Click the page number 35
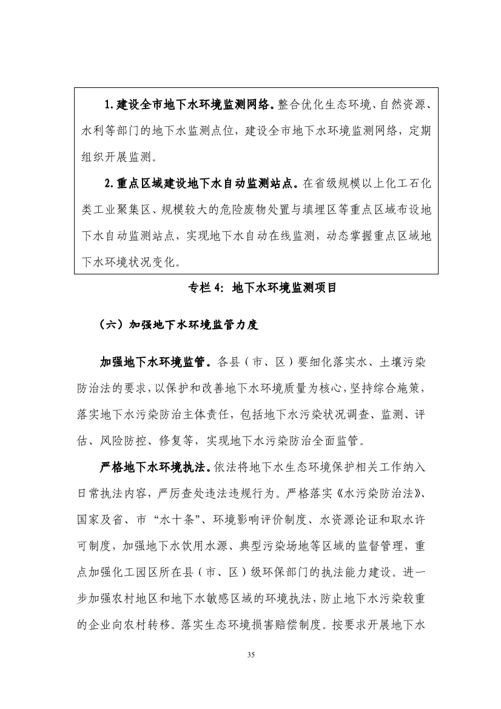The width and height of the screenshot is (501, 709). click(250, 654)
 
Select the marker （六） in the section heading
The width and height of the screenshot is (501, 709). click(111, 325)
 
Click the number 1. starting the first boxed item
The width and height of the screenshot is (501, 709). click(110, 106)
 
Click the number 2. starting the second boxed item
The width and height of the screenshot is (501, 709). click(110, 183)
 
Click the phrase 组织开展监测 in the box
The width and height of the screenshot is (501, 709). click(113, 156)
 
